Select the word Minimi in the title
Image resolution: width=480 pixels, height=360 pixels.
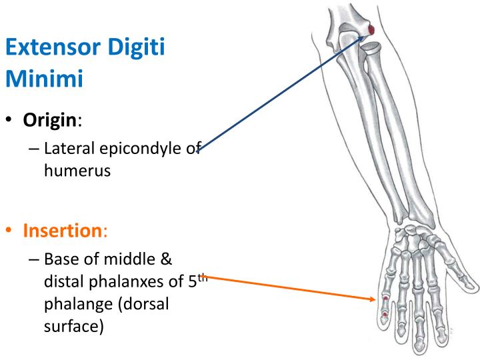pyautogui.click(x=45, y=79)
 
